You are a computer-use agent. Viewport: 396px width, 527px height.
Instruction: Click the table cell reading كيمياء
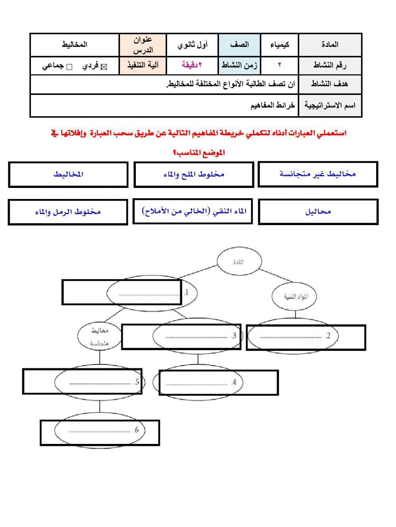coord(280,45)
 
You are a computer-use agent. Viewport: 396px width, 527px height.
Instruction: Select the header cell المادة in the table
coord(330,45)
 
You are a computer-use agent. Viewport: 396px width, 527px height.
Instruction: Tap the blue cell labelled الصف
coord(240,45)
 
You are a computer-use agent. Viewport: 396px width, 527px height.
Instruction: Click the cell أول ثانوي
coord(192,45)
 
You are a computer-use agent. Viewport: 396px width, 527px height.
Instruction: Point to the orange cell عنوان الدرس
coord(143,45)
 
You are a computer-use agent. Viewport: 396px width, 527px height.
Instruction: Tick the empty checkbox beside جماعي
coord(69,67)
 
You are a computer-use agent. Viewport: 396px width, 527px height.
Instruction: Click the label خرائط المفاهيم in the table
coord(273,106)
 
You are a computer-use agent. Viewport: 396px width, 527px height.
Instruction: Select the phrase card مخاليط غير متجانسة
coord(318,174)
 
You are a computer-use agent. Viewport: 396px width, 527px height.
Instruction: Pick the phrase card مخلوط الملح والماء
coord(194,174)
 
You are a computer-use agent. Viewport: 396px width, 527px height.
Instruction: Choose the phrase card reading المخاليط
coord(68,174)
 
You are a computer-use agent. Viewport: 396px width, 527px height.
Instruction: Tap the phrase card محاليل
coord(318,212)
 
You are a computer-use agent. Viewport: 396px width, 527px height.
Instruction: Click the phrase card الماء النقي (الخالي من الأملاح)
coord(193,211)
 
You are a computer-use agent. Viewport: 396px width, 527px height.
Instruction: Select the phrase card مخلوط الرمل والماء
coord(68,212)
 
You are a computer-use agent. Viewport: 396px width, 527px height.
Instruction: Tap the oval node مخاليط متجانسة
coord(99,337)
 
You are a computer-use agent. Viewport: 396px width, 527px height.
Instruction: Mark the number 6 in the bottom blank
coord(137,430)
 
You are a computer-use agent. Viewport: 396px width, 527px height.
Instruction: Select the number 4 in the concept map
coord(234,382)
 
